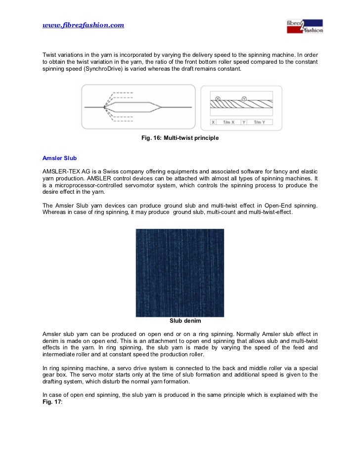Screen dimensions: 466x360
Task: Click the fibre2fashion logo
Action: pos(305,26)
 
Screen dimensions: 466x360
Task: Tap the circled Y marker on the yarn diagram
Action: pos(243,98)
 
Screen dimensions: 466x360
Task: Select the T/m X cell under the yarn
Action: pos(228,122)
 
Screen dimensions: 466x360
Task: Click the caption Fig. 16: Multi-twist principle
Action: pos(180,138)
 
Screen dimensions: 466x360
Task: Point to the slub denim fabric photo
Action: pos(180,272)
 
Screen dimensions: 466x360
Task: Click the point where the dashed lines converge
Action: pos(104,107)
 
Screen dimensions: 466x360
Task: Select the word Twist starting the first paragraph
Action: pos(50,54)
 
